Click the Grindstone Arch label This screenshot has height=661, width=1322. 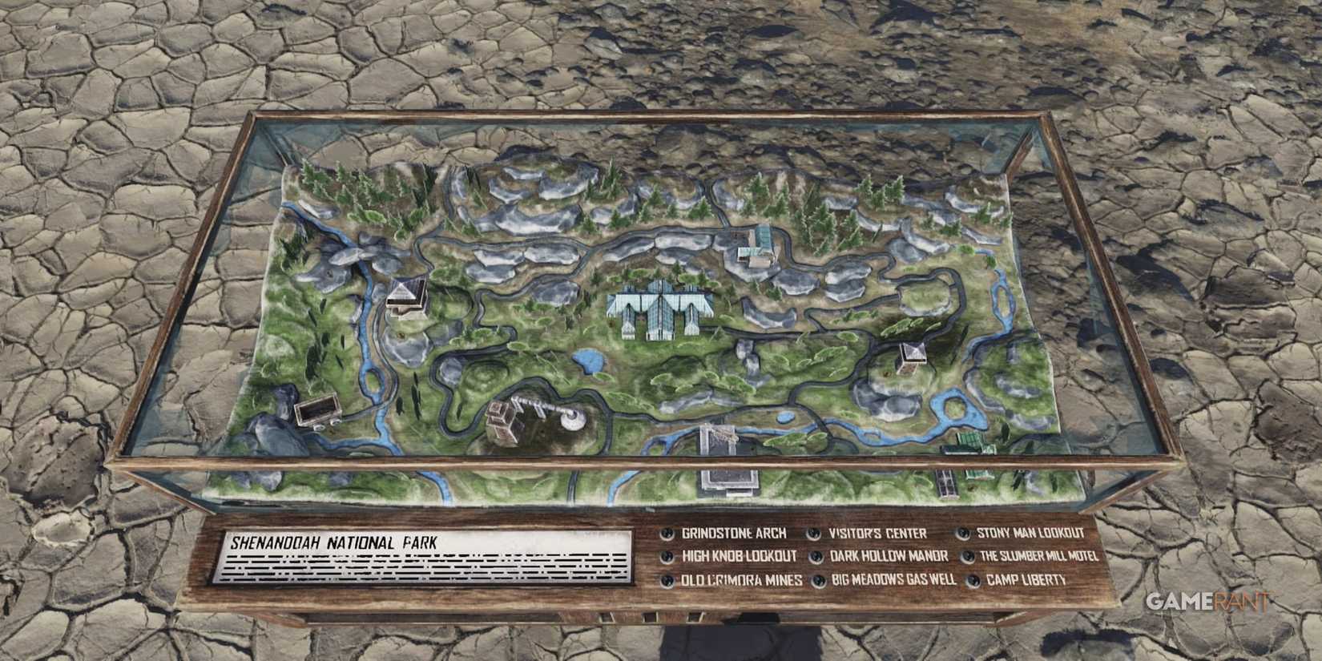pyautogui.click(x=733, y=534)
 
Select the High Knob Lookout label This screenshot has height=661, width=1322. pyautogui.click(x=739, y=556)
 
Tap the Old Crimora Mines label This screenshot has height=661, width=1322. pyautogui.click(x=741, y=580)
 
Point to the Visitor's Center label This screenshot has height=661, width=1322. pyautogui.click(x=877, y=534)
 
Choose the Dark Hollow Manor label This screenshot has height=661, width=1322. pyautogui.click(x=889, y=556)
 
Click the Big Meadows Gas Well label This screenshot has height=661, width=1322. pyautogui.click(x=893, y=579)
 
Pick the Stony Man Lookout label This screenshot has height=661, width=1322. pyautogui.click(x=1030, y=533)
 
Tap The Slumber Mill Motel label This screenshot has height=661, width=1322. pyautogui.click(x=1038, y=556)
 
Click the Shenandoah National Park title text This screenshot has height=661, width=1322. pyautogui.click(x=333, y=542)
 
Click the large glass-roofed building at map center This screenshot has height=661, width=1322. pyautogui.click(x=655, y=308)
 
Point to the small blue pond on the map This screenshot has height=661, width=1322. pyautogui.click(x=590, y=362)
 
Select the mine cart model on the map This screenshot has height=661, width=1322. pyautogui.click(x=314, y=411)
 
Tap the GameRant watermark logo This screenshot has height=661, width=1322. pyautogui.click(x=1207, y=602)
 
